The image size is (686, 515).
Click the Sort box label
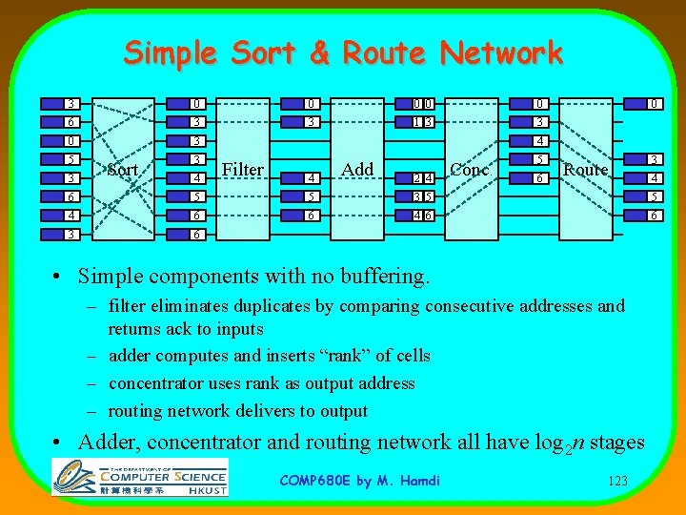tap(124, 170)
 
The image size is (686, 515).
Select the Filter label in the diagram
tap(242, 170)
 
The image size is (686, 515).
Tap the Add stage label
tap(357, 170)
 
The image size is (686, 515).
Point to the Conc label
tap(469, 170)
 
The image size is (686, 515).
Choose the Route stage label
tap(585, 170)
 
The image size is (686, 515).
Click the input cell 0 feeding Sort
tap(71, 141)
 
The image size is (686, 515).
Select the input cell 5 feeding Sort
tap(71, 159)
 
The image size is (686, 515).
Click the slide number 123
tap(616, 481)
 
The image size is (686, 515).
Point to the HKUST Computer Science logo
tap(140, 475)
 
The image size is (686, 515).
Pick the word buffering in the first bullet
tap(382, 278)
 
